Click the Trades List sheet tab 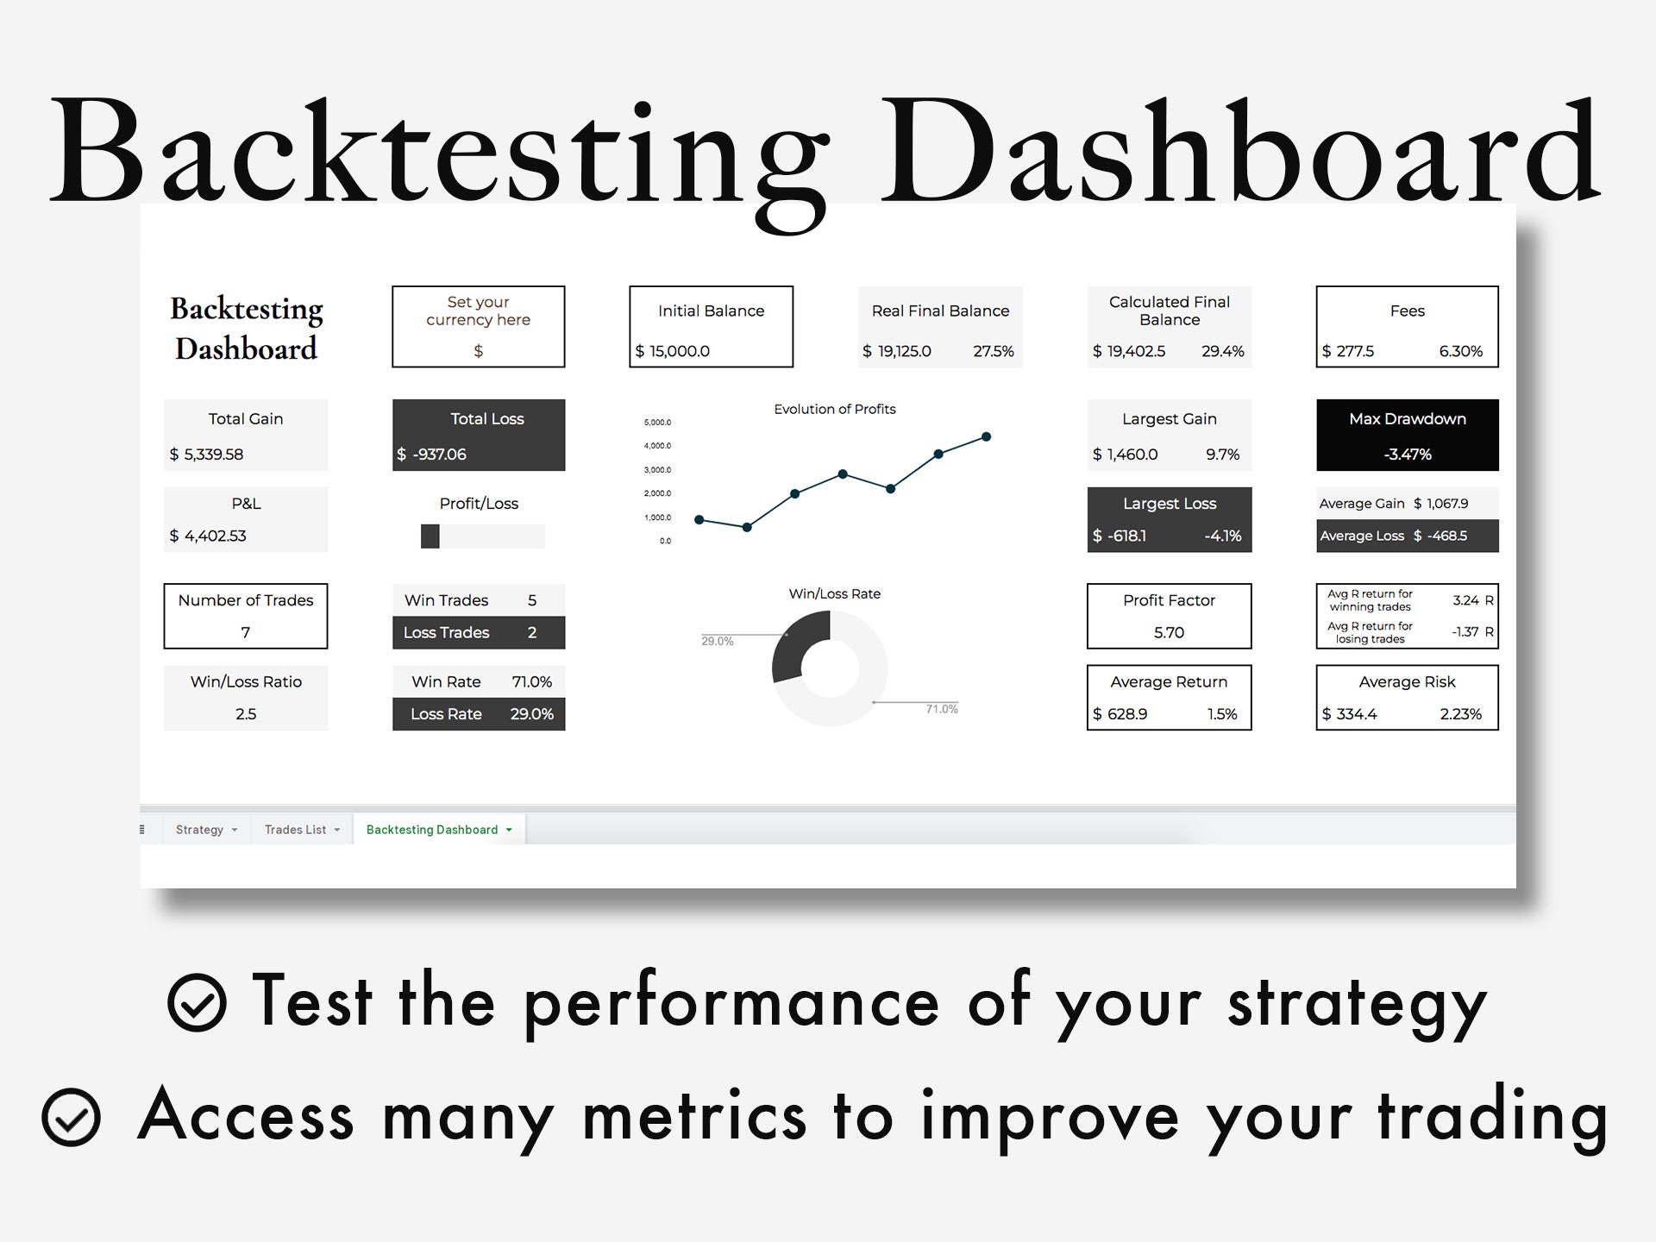pyautogui.click(x=302, y=830)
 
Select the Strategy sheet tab pyautogui.click(x=206, y=830)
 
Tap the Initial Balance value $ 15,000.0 pyautogui.click(x=673, y=351)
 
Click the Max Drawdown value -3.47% pyautogui.click(x=1408, y=455)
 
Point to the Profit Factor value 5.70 pyautogui.click(x=1169, y=632)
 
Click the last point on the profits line pyautogui.click(x=986, y=436)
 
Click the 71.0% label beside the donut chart pyautogui.click(x=942, y=709)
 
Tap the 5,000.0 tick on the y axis pyautogui.click(x=657, y=422)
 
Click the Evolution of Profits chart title pyautogui.click(x=834, y=409)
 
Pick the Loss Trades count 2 pyautogui.click(x=532, y=632)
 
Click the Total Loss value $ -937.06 pyautogui.click(x=431, y=455)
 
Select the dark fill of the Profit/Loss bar pyautogui.click(x=430, y=536)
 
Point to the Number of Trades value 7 pyautogui.click(x=246, y=632)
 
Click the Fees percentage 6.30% pyautogui.click(x=1460, y=351)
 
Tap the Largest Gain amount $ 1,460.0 pyautogui.click(x=1125, y=455)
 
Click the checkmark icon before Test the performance pyautogui.click(x=197, y=1002)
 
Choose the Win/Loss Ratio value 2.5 pyautogui.click(x=246, y=714)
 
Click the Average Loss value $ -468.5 pyautogui.click(x=1440, y=536)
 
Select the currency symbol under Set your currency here pyautogui.click(x=479, y=351)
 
